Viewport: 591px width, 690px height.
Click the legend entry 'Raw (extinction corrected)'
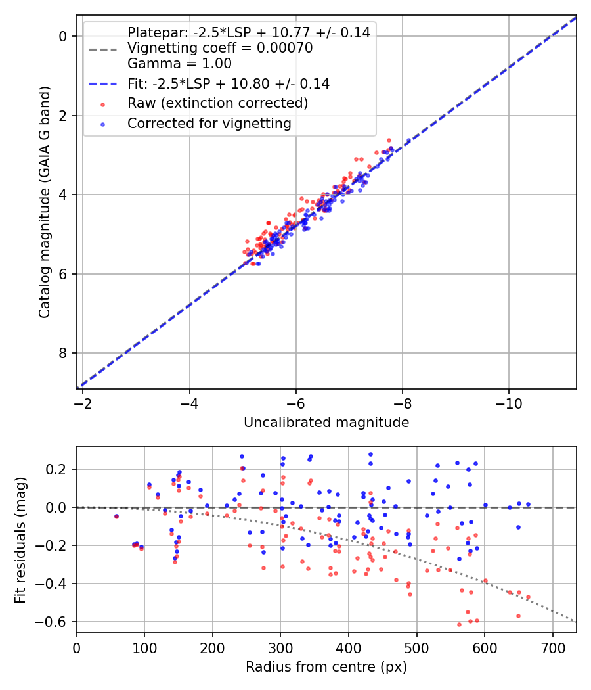point(217,103)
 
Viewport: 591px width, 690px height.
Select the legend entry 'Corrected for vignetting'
point(209,123)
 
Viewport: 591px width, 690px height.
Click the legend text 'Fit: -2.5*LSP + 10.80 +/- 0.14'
point(229,83)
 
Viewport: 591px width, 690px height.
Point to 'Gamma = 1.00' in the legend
point(179,64)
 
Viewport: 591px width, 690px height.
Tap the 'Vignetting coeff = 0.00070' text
point(220,48)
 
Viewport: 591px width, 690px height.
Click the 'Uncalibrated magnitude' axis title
point(326,423)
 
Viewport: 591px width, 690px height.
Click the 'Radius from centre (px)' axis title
point(326,667)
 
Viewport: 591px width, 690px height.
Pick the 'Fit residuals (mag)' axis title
point(20,540)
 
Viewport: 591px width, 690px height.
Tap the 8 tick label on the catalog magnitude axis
point(64,353)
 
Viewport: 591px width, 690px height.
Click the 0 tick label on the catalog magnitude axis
point(64,36)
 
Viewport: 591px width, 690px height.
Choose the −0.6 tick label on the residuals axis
point(54,622)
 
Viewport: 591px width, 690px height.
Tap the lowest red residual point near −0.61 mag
point(459,624)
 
